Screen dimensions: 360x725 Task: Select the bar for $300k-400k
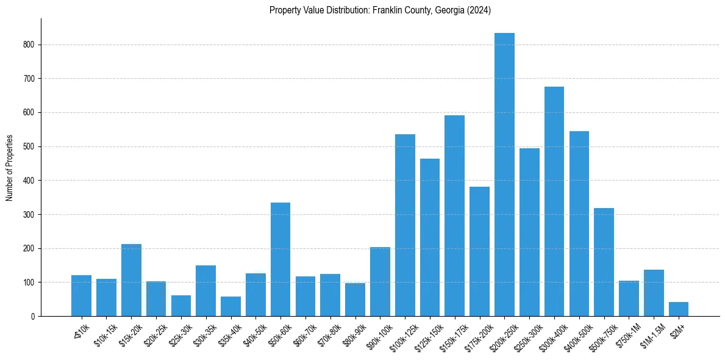click(x=554, y=201)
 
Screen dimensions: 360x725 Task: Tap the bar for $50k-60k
click(x=280, y=259)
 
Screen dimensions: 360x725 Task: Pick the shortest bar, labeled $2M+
click(x=679, y=309)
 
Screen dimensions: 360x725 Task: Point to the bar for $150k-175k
click(x=454, y=216)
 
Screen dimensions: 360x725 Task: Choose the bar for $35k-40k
click(x=230, y=306)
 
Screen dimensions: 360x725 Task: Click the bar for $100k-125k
click(x=405, y=225)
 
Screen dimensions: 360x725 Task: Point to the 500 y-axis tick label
click(x=29, y=147)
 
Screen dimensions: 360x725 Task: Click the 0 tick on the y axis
click(x=33, y=317)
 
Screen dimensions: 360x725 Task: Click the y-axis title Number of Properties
click(x=9, y=168)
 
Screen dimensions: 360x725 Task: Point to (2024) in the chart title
click(x=479, y=10)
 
